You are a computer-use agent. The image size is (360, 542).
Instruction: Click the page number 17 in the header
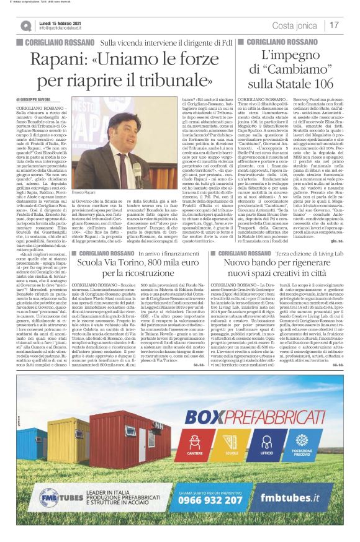(334, 25)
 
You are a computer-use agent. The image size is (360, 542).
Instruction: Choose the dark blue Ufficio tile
(268, 437)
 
